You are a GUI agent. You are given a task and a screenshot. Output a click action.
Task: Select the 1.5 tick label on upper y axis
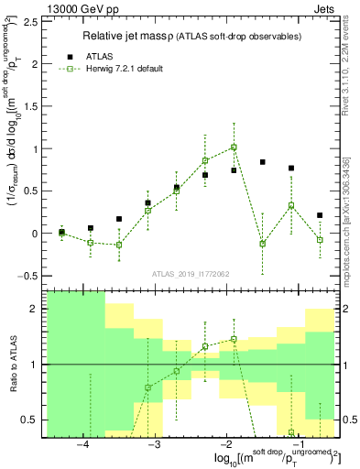coord(31,106)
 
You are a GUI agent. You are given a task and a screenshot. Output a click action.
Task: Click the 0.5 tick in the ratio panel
coord(31,420)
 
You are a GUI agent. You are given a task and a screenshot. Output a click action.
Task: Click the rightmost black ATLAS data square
coord(320,215)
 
